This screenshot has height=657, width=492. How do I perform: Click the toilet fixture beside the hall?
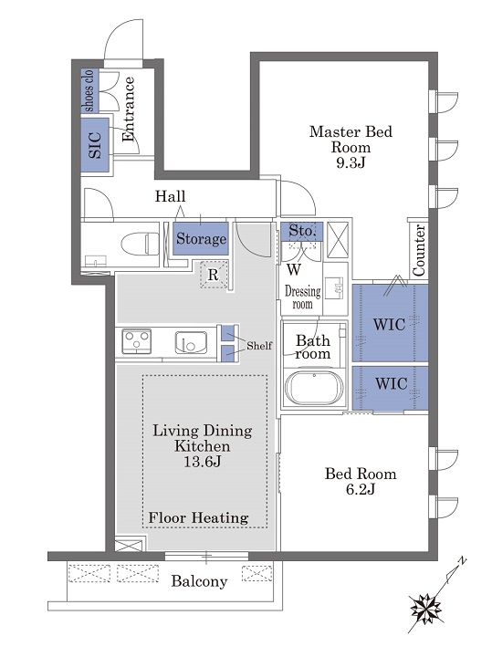pos(140,244)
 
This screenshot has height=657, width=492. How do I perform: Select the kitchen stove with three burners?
pos(137,341)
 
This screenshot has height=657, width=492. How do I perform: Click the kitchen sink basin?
pos(191,342)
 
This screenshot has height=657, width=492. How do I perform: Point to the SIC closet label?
pos(95,145)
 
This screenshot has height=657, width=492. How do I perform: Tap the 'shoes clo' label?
pos(89,90)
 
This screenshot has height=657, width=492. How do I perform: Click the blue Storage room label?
pos(201,238)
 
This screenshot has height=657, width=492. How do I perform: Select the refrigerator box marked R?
pos(214,275)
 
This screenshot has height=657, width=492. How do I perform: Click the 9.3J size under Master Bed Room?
pos(351,162)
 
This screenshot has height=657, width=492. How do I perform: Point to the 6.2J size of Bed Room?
pos(361,489)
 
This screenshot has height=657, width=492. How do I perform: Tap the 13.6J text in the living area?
pos(203,462)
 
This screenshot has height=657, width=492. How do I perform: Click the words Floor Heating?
pos(198,517)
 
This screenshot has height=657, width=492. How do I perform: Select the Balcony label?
pos(199,581)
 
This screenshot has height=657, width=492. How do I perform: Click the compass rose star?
pos(425,607)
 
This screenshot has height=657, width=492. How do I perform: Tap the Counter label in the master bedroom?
pos(419,250)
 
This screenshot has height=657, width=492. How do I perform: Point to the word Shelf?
pos(259,346)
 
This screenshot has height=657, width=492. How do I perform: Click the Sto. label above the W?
pos(301,231)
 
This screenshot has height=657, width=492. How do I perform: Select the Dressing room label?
pos(302,297)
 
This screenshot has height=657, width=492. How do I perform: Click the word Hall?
pos(170,196)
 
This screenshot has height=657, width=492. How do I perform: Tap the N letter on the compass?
pos(462,560)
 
